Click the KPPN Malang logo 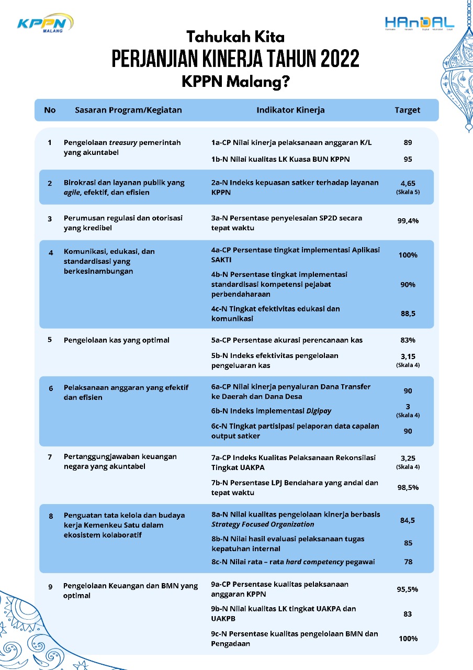click(44, 24)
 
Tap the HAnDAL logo click(420, 24)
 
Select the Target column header click(408, 110)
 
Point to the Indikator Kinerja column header click(290, 110)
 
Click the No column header click(50, 110)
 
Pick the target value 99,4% click(408, 221)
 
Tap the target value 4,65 click(408, 184)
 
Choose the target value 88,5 click(408, 314)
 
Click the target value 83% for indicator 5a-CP click(408, 340)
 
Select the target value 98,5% click(408, 487)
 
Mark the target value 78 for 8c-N click(408, 562)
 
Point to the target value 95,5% click(408, 589)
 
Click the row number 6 click(51, 388)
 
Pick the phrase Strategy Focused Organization click(263, 524)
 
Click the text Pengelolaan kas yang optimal click(117, 340)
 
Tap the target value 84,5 click(408, 520)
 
